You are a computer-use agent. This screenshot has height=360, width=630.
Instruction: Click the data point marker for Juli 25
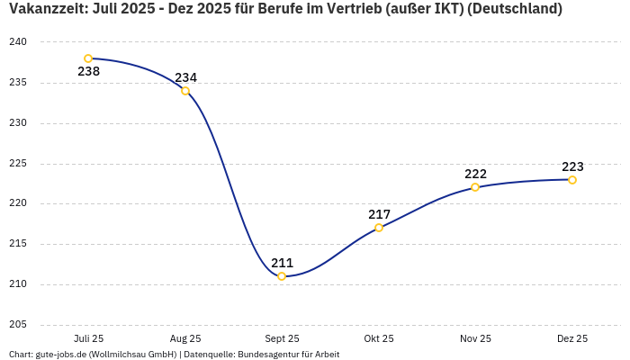(x=88, y=58)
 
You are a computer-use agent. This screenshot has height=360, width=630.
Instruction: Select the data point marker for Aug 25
(x=185, y=91)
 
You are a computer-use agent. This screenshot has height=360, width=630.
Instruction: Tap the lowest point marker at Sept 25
(x=282, y=276)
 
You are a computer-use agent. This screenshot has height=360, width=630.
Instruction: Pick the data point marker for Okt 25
(x=379, y=228)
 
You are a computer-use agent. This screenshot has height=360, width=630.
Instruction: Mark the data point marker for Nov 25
(x=475, y=187)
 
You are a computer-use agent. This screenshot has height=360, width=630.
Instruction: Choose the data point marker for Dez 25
(x=572, y=180)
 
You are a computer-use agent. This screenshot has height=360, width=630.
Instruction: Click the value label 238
(x=88, y=72)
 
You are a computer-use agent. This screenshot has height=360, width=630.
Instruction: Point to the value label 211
(x=282, y=263)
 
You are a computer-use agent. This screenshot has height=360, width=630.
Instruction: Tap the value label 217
(x=379, y=214)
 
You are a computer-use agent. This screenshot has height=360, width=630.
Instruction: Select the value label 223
(x=572, y=166)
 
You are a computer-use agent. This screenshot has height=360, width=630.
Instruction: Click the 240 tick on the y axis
(x=19, y=42)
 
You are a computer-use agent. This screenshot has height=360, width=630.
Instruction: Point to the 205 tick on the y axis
(x=19, y=325)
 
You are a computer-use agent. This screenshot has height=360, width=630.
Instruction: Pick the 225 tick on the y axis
(x=19, y=164)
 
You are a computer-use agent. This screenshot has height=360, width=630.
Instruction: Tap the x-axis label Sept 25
(x=282, y=338)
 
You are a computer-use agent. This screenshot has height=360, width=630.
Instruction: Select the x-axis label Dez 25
(x=572, y=338)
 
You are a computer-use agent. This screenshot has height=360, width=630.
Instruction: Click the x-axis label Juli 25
(x=88, y=338)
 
